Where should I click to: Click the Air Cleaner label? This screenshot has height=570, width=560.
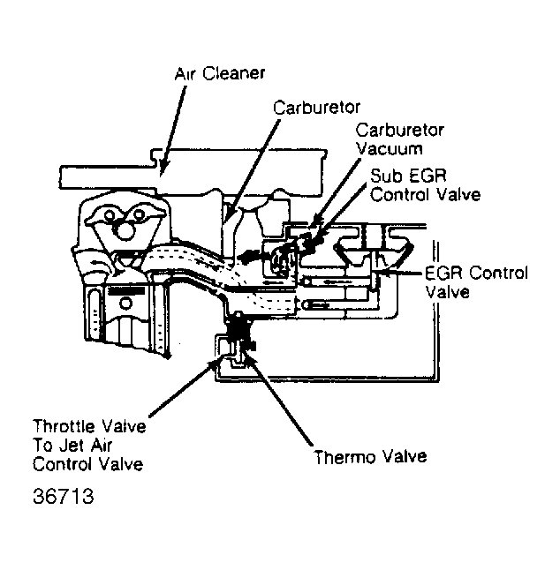click(220, 74)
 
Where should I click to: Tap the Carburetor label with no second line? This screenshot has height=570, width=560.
click(316, 108)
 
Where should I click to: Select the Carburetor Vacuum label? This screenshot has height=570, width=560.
click(399, 139)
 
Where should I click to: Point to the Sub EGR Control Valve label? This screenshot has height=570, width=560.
click(425, 186)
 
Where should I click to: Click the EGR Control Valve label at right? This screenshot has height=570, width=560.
click(476, 282)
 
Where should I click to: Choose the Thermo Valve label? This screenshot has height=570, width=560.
click(370, 457)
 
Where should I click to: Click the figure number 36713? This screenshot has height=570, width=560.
click(63, 496)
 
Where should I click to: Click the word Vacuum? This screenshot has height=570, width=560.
click(390, 149)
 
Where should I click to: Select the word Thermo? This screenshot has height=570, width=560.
click(345, 457)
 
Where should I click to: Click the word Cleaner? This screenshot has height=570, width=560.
click(233, 74)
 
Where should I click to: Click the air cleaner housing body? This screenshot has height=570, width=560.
click(193, 171)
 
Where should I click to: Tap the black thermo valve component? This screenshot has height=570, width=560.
click(238, 332)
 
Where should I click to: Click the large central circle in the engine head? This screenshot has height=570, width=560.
click(124, 229)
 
